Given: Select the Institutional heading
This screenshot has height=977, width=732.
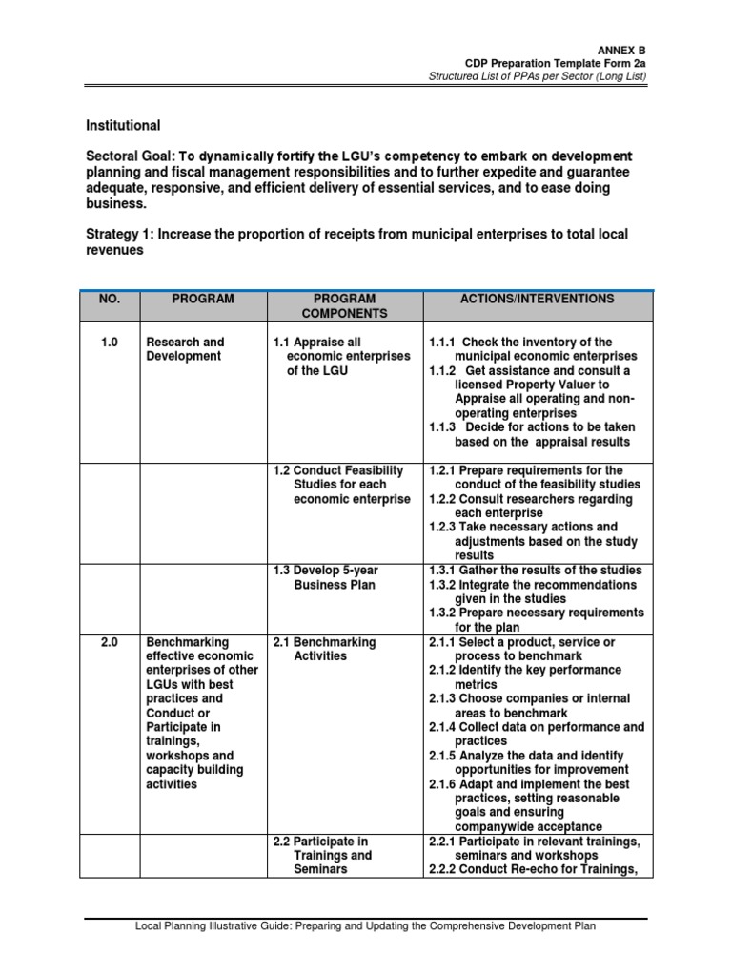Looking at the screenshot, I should coord(124,125).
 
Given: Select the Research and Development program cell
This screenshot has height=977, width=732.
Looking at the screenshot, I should coord(185,349).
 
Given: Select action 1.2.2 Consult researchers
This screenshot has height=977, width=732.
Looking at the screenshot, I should coord(533,506).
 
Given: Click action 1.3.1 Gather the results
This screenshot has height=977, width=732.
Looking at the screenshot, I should coord(536,570).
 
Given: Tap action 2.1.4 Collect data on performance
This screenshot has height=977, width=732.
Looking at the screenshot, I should coord(537,734).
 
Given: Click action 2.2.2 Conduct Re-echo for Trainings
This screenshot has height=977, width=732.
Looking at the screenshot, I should coord(534,870).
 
